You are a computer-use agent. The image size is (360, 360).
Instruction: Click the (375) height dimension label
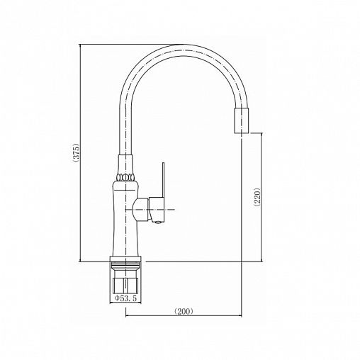[x=77, y=152]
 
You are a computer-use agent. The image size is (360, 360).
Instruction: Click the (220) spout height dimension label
[x=257, y=197]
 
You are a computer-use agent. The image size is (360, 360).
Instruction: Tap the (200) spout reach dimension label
[x=184, y=312]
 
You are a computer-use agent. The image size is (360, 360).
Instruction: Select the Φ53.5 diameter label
[x=125, y=298]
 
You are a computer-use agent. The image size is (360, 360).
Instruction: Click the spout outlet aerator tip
[x=242, y=120]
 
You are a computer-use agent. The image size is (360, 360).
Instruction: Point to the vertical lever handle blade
[x=163, y=179]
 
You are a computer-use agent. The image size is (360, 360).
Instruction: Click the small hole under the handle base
[x=158, y=222]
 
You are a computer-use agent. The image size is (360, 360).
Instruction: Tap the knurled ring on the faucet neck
[x=125, y=177]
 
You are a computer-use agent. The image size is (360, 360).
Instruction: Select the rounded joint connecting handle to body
[x=140, y=210]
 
